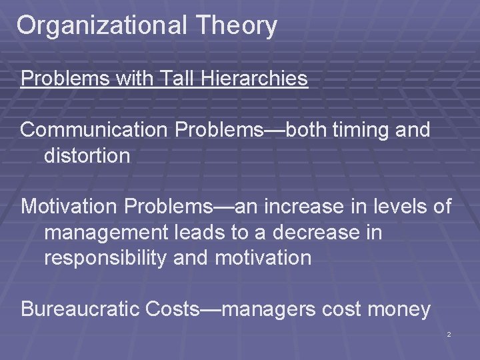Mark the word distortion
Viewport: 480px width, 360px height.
click(x=87, y=155)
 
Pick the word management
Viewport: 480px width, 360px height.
click(x=101, y=233)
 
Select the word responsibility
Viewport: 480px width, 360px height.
click(x=105, y=258)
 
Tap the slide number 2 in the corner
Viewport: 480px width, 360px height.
click(x=449, y=334)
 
